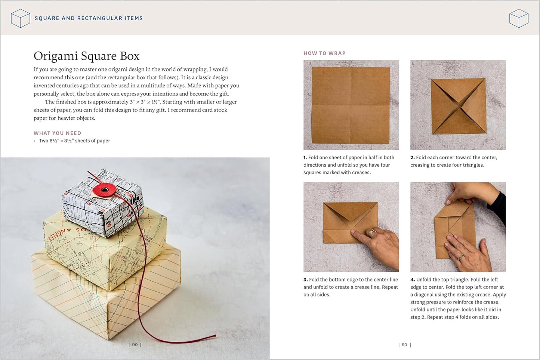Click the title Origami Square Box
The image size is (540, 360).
pyautogui.click(x=86, y=56)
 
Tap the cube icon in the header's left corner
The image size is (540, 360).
pyautogui.click(x=20, y=18)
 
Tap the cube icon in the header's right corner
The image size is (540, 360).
pyautogui.click(x=519, y=18)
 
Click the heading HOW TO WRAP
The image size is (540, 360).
pyautogui.click(x=324, y=53)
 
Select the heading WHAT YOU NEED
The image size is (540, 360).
pyautogui.click(x=57, y=133)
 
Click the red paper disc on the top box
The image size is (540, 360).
pyautogui.click(x=103, y=190)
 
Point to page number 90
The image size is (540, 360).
pyautogui.click(x=135, y=345)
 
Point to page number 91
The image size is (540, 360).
pyautogui.click(x=405, y=345)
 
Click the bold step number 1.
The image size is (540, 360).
pyautogui.click(x=305, y=158)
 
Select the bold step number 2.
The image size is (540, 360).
pyautogui.click(x=412, y=158)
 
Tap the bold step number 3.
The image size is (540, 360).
pyautogui.click(x=305, y=280)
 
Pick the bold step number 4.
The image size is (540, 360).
pyautogui.click(x=413, y=280)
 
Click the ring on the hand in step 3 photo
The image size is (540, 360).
pyautogui.click(x=372, y=233)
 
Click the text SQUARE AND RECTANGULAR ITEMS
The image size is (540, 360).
pyautogui.click(x=89, y=18)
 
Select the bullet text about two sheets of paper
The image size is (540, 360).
pyautogui.click(x=74, y=141)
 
